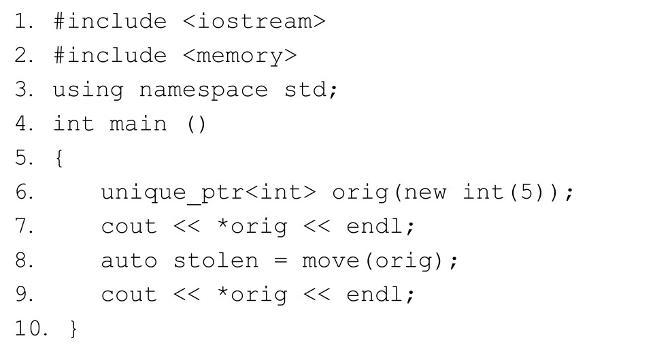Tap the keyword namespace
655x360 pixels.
[x=203, y=90]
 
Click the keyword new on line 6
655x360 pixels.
[x=426, y=193]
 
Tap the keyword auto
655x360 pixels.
[x=129, y=261]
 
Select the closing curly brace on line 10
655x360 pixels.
[x=73, y=329]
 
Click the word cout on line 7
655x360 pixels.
[x=129, y=227]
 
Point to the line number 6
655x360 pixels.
[x=22, y=193]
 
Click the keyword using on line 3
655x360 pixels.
[x=88, y=90]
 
